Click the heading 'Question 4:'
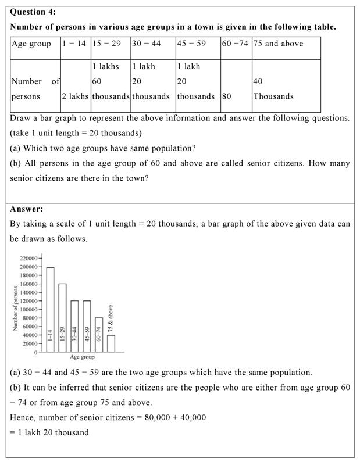pyautogui.click(x=33, y=12)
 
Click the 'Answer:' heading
pyautogui.click(x=27, y=209)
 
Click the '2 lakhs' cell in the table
pyautogui.click(x=75, y=96)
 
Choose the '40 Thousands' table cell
pyautogui.click(x=273, y=89)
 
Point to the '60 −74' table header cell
pyautogui.click(x=236, y=44)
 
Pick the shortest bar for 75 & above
pyautogui.click(x=111, y=343)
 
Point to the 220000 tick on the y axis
pyautogui.click(x=28, y=258)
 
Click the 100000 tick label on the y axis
pyautogui.click(x=28, y=310)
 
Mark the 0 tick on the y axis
pyautogui.click(x=35, y=352)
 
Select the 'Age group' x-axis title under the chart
pyautogui.click(x=82, y=357)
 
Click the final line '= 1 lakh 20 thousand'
pyautogui.click(x=49, y=432)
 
